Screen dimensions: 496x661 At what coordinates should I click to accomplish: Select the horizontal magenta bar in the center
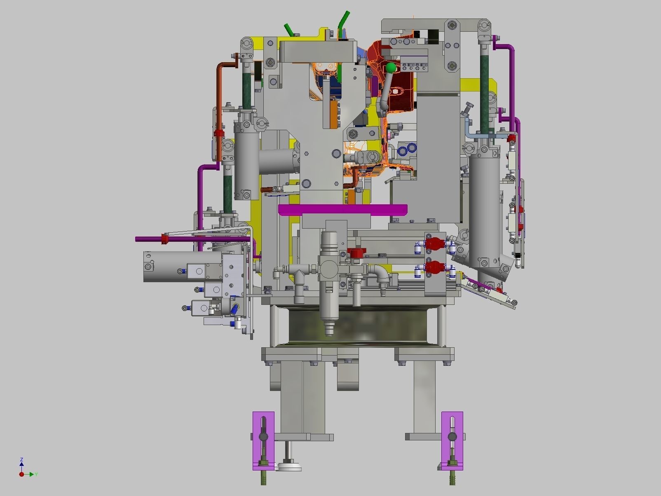click(x=342, y=210)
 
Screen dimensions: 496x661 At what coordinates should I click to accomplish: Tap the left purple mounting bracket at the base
click(x=263, y=440)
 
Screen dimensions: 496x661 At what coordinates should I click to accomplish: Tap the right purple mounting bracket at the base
click(x=452, y=440)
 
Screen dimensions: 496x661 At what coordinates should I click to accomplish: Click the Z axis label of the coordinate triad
click(x=21, y=459)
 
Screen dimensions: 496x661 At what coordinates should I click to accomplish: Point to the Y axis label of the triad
click(x=36, y=475)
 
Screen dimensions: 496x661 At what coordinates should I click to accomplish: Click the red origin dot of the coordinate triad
click(x=21, y=475)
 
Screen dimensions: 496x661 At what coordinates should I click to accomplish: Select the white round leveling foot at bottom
click(x=289, y=467)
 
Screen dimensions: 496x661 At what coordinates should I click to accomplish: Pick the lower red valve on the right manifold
click(x=432, y=268)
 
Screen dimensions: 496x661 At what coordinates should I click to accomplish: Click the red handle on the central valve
click(x=355, y=252)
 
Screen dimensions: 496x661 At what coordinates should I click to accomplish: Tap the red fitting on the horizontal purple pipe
click(x=165, y=239)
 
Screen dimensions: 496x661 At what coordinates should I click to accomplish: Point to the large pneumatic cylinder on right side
click(x=484, y=206)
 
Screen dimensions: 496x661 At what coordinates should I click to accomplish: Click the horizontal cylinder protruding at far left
click(x=165, y=267)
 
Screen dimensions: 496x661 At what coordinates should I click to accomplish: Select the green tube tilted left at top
click(x=289, y=30)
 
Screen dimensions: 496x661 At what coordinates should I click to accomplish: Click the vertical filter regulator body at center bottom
click(x=329, y=284)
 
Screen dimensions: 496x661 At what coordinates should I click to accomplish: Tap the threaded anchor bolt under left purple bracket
click(x=263, y=478)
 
